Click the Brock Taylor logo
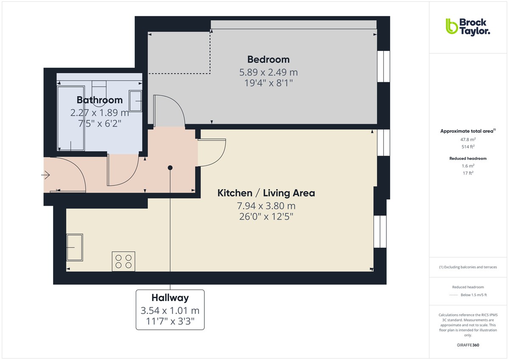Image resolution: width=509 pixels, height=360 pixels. coord(467,26)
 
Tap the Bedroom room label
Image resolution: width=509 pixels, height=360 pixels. coord(268,59)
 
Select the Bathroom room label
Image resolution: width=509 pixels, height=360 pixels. coord(100,100)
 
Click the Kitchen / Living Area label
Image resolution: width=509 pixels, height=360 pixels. coord(266,193)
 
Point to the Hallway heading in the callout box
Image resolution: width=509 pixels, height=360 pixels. coord(170,298)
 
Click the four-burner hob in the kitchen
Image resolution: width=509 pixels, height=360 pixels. coord(123,261)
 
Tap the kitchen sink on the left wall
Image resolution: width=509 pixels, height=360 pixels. coord(75,247)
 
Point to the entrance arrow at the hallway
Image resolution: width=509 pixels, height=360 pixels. coord(46,174)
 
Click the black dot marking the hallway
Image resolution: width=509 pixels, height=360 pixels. coord(170,168)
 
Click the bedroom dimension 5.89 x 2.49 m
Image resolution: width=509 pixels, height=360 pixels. coord(268,72)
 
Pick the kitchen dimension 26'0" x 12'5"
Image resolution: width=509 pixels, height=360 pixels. coord(266,217)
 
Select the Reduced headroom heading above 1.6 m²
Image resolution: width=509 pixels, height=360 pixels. coord(468,159)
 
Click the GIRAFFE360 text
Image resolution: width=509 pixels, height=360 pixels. coord(467,345)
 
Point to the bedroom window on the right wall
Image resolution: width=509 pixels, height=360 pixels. coord(383,67)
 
